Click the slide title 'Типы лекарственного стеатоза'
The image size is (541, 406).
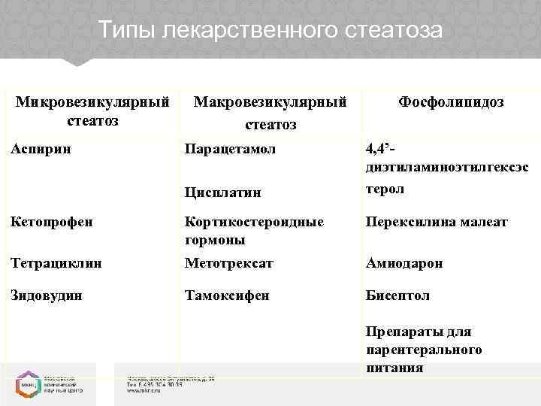(x=270, y=32)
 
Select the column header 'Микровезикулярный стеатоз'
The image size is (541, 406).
(x=93, y=111)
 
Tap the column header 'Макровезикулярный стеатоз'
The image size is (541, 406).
(x=270, y=112)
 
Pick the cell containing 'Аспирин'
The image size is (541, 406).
(x=43, y=149)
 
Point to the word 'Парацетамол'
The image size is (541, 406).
(x=230, y=149)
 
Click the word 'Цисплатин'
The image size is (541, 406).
(x=223, y=192)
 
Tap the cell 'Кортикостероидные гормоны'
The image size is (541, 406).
(x=254, y=231)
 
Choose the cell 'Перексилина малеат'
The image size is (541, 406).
(x=437, y=223)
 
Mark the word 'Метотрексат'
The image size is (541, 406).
(x=229, y=263)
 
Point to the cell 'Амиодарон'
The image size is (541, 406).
(x=404, y=263)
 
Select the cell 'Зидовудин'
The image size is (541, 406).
(x=47, y=295)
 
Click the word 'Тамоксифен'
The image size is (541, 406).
(x=227, y=295)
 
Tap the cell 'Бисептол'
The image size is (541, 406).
(x=397, y=295)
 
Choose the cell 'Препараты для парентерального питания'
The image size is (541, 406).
(x=425, y=350)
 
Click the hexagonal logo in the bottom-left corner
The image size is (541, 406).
(x=26, y=383)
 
